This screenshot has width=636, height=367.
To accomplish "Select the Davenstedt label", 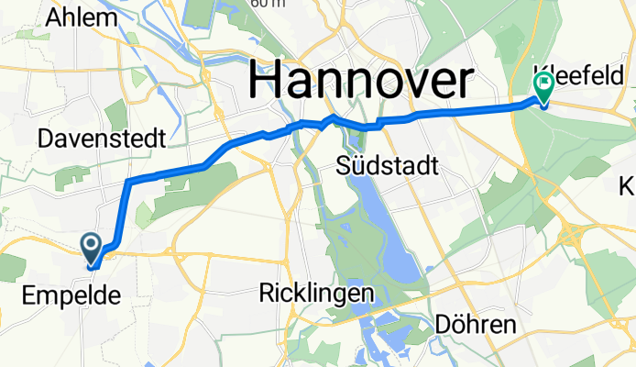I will pyautogui.click(x=101, y=139).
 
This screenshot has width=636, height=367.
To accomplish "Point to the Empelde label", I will pyautogui.click(x=64, y=296).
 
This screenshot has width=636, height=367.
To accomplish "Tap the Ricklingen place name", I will pyautogui.click(x=316, y=294).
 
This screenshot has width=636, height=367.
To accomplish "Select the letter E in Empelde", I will pyautogui.click(x=26, y=296).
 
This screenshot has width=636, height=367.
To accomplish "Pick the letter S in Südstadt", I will pyautogui.click(x=344, y=165).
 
